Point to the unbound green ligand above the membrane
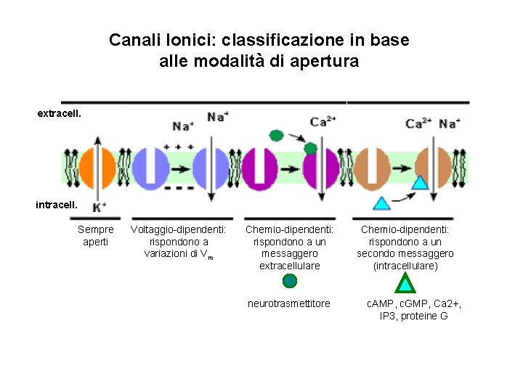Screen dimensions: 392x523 click(x=276, y=135)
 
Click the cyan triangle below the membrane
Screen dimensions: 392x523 click(x=381, y=203)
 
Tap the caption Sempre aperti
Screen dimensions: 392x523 click(x=96, y=235)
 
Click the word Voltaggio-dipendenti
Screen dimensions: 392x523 click(x=177, y=230)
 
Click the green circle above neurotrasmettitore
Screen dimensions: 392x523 click(x=290, y=282)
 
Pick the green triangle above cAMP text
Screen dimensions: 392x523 click(x=406, y=282)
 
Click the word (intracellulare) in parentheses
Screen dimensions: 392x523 click(x=405, y=266)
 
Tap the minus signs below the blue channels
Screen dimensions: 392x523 click(x=179, y=187)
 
